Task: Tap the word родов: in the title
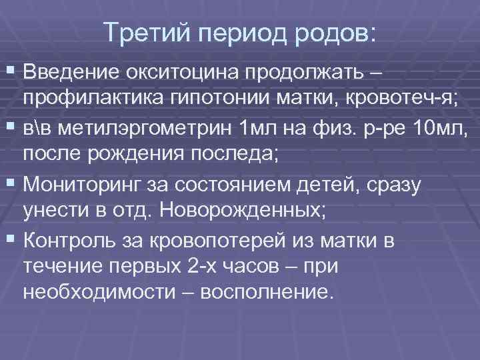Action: tap(339, 32)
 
